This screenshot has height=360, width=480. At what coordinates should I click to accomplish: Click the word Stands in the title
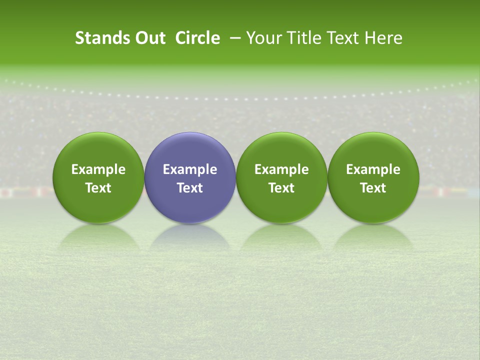(102, 38)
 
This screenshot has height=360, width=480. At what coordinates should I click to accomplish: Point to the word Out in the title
(149, 38)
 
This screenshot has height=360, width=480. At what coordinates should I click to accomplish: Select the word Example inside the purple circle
(190, 169)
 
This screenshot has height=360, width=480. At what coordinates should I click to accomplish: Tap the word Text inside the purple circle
(190, 188)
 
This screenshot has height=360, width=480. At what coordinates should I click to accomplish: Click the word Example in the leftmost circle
(98, 169)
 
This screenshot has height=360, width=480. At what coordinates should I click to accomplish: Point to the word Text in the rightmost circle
(373, 188)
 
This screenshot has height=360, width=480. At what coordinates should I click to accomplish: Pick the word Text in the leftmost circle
(98, 188)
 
